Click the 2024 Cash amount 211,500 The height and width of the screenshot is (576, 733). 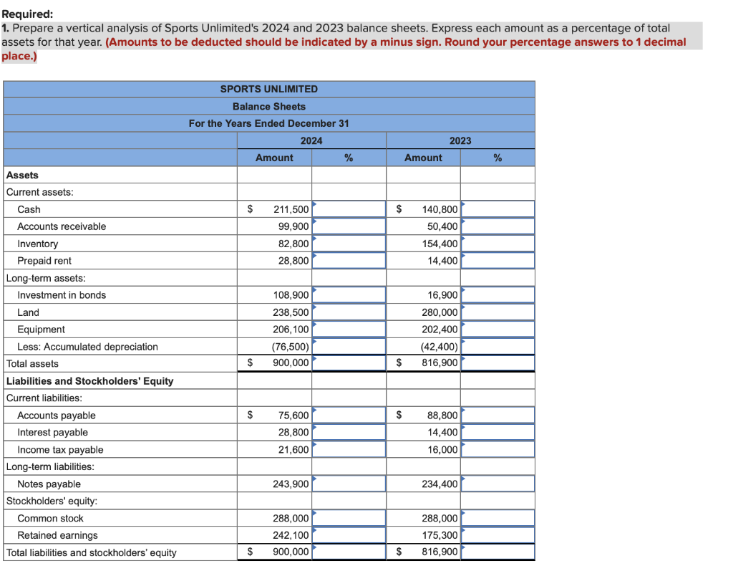point(291,209)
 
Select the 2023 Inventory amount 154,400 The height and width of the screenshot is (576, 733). point(440,244)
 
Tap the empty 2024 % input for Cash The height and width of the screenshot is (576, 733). point(349,209)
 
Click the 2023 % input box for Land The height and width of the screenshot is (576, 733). point(498,312)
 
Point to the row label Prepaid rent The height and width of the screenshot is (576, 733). point(44,261)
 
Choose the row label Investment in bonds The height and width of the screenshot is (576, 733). point(62,295)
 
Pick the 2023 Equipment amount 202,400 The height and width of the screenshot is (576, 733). point(440,330)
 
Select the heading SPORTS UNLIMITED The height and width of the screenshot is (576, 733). point(268,89)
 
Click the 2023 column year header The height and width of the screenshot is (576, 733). point(460,140)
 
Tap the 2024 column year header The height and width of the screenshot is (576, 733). point(311,140)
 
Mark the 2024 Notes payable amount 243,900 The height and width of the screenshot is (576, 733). point(291,484)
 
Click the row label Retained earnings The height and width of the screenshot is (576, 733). point(57,535)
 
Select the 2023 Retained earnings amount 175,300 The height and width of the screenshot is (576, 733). point(440,535)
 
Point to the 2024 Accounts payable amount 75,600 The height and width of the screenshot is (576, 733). point(293,416)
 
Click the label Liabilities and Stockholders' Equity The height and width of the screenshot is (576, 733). point(89,381)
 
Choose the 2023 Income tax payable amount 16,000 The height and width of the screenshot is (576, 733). point(442,450)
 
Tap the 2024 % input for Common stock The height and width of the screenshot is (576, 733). point(349,518)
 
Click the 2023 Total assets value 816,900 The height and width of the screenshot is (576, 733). point(440,363)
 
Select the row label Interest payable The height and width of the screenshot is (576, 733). point(53,432)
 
